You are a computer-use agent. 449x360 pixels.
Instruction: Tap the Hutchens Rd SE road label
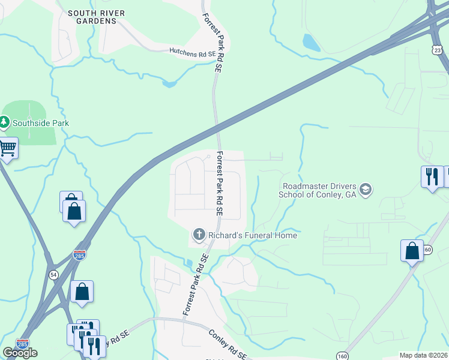(193, 53)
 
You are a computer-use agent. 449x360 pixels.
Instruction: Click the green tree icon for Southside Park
(5, 122)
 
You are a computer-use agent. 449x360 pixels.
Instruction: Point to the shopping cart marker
(8, 148)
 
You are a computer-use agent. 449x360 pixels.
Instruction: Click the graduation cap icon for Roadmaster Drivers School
(366, 191)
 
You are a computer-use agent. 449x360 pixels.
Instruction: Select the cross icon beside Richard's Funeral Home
(199, 234)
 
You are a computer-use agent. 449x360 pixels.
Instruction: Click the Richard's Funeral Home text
(253, 235)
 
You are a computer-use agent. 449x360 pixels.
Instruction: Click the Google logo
(20, 353)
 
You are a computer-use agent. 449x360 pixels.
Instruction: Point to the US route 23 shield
(438, 51)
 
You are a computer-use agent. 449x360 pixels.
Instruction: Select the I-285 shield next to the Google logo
(22, 344)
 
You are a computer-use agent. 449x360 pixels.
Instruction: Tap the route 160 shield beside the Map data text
(342, 356)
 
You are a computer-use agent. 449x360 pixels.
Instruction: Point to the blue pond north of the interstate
(310, 42)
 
